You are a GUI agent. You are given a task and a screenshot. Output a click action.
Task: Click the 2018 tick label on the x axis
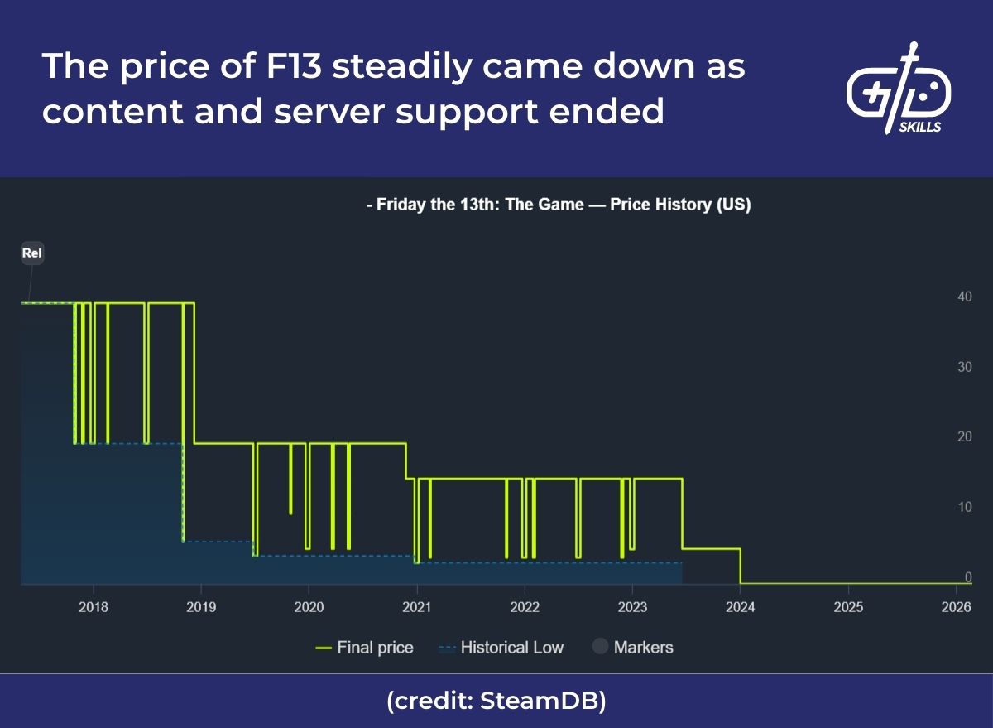point(93,607)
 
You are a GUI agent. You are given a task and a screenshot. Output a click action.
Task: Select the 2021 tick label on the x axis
point(416,607)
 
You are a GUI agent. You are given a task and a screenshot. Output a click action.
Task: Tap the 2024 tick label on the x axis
point(740,607)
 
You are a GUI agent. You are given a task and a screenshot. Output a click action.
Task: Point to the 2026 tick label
point(956,607)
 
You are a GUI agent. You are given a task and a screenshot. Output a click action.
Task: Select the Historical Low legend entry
point(500,648)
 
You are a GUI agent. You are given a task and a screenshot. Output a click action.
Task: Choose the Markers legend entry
point(633,648)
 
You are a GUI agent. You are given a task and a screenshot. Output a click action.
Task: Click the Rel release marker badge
point(31,253)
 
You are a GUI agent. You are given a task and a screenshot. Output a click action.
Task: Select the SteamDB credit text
point(496,701)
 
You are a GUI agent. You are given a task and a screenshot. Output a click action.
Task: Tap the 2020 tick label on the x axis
point(308,607)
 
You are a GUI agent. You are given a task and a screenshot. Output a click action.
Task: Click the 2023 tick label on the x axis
point(632,607)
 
